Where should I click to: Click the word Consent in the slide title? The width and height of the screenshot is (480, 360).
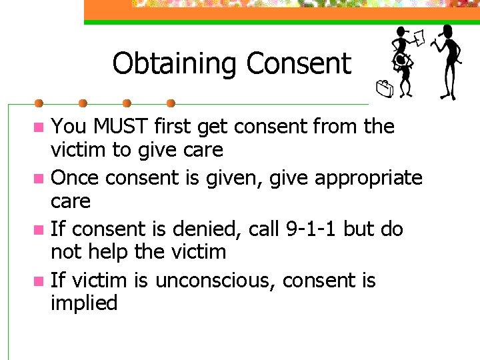[298, 64]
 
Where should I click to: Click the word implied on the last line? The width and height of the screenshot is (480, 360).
[84, 303]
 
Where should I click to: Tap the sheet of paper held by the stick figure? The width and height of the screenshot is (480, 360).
[418, 39]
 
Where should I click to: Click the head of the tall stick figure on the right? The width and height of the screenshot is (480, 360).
[446, 31]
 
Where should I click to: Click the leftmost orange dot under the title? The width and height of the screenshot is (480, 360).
[39, 103]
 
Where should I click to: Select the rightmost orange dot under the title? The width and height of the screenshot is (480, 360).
[171, 103]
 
